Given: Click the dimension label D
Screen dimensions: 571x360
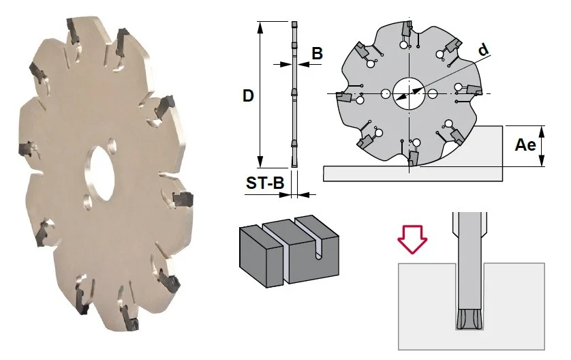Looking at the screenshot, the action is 248,96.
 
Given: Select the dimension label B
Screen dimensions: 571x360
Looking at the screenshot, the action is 317,53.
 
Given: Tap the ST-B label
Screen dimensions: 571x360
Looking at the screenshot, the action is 265,183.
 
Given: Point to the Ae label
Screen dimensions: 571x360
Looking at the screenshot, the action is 525,145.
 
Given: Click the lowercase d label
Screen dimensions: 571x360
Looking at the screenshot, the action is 483,49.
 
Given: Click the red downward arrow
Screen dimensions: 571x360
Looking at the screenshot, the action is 412,239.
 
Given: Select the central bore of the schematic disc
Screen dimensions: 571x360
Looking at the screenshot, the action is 409,93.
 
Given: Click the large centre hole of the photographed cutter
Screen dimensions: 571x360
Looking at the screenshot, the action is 99,173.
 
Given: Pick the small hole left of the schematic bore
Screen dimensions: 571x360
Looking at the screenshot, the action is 385,93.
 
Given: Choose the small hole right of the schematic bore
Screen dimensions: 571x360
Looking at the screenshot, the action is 433,93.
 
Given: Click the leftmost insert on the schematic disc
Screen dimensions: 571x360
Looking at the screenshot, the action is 343,97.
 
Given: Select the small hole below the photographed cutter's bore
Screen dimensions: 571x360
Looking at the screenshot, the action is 87,200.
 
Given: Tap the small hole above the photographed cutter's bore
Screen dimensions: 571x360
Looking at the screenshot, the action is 112,144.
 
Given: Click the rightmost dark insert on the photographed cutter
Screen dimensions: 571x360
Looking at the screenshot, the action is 183,199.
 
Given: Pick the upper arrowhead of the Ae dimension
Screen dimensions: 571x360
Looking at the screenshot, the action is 542,131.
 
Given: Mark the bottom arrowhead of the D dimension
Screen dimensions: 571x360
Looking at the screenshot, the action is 260,162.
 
